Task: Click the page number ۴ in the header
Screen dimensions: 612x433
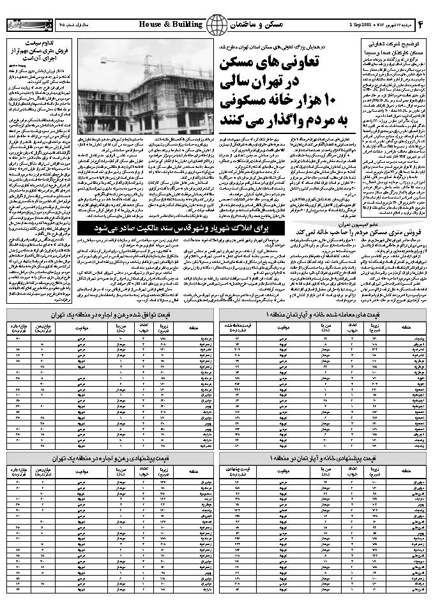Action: [x=422, y=24]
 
